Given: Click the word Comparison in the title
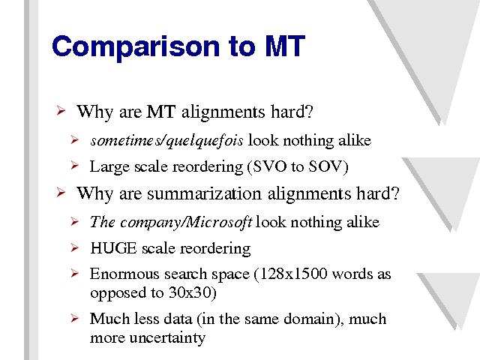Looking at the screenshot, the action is (x=136, y=46).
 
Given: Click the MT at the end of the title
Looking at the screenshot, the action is (x=285, y=46).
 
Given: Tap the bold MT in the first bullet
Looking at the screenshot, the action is (x=160, y=112).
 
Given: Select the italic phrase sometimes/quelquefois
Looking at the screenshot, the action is (x=166, y=140).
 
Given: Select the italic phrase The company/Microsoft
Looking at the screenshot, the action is (x=171, y=222).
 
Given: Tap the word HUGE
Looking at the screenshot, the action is (x=113, y=248).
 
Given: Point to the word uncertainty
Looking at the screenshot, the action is (x=167, y=338).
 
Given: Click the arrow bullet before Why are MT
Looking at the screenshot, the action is (x=61, y=110).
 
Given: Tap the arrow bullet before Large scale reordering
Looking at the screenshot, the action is (x=74, y=166).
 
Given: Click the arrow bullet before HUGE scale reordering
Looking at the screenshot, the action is (x=74, y=247).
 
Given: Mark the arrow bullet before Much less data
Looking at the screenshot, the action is (x=74, y=318).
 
